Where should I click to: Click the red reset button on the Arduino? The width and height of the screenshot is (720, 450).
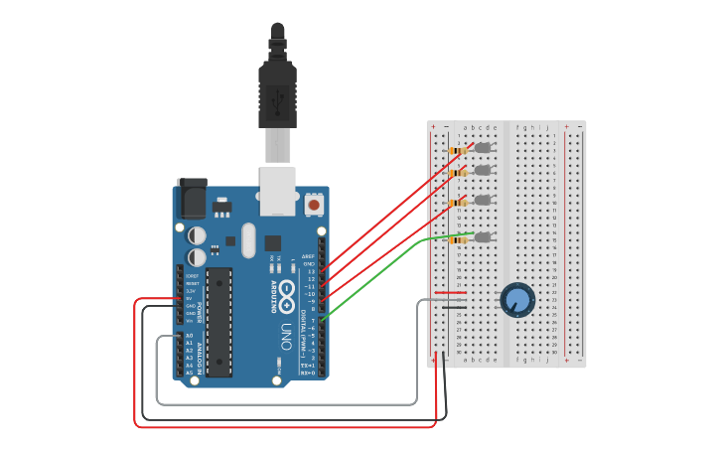(314, 205)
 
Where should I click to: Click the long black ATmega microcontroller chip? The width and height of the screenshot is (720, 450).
(219, 321)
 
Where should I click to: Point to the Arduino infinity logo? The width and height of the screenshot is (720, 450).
(286, 293)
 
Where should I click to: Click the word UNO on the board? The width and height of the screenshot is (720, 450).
(286, 334)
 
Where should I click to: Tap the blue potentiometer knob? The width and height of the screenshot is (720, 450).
(516, 299)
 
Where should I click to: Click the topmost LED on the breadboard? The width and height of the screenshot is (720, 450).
(484, 148)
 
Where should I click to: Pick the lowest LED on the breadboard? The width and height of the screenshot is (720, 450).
(484, 237)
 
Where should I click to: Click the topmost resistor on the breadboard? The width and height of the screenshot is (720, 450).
(458, 150)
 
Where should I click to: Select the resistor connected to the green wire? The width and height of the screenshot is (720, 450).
(458, 239)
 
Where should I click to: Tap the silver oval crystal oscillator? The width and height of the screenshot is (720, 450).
(247, 239)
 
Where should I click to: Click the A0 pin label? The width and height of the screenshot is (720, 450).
(189, 336)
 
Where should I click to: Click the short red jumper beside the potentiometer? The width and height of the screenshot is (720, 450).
(450, 293)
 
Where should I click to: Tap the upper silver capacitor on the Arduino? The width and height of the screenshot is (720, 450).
(197, 235)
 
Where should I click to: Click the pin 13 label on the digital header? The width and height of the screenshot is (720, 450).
(310, 271)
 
